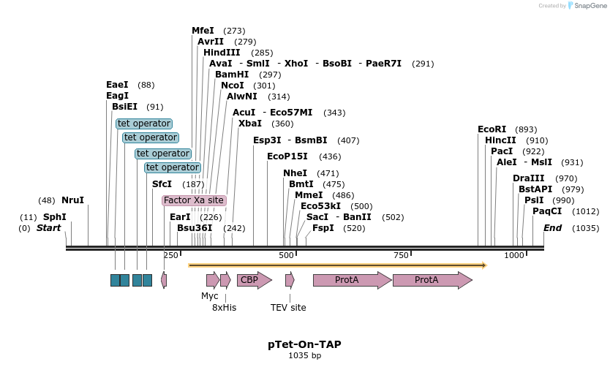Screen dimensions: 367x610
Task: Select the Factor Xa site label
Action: pyautogui.click(x=194, y=200)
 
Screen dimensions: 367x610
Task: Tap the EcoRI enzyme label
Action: pyautogui.click(x=492, y=129)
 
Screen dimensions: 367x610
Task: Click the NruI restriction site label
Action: pyautogui.click(x=72, y=200)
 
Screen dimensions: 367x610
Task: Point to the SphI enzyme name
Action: pyautogui.click(x=54, y=217)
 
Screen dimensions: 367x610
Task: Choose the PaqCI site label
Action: pyautogui.click(x=546, y=211)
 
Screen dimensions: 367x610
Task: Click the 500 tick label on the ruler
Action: pyautogui.click(x=287, y=254)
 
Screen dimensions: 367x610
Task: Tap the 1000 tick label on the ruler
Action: pyautogui.click(x=514, y=254)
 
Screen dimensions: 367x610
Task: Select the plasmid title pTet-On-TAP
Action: pyautogui.click(x=304, y=344)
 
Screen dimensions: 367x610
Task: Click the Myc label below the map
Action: pyautogui.click(x=210, y=296)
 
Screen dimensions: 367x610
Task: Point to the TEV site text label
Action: pyautogui.click(x=288, y=308)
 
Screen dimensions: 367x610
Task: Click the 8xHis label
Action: pyautogui.click(x=224, y=308)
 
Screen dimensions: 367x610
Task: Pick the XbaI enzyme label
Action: pyautogui.click(x=249, y=124)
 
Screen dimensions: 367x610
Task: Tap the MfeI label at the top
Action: pyautogui.click(x=203, y=31)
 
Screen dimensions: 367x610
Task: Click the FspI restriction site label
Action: pyautogui.click(x=323, y=228)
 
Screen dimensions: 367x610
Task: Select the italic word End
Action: pyautogui.click(x=552, y=228)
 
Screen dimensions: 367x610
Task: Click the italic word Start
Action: pyautogui.click(x=49, y=228)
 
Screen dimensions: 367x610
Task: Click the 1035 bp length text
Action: pyautogui.click(x=304, y=356)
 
